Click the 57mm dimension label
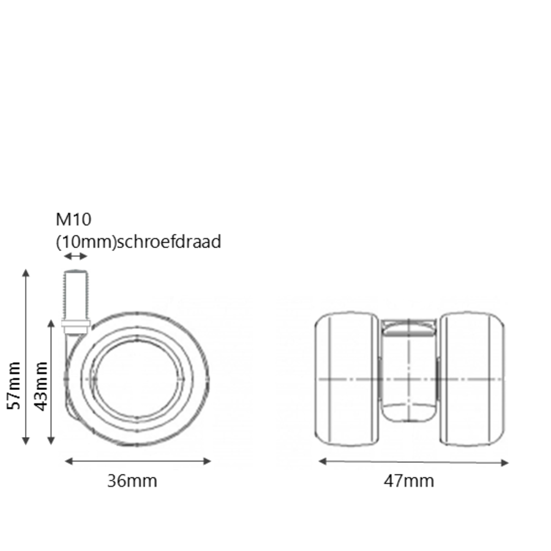pyautogui.click(x=14, y=386)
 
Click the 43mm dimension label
pyautogui.click(x=40, y=386)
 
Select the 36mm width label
pyautogui.click(x=132, y=481)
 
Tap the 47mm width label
pyautogui.click(x=409, y=481)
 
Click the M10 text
pyautogui.click(x=73, y=219)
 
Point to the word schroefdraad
pyautogui.click(x=168, y=242)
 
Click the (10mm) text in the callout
pyautogui.click(x=86, y=242)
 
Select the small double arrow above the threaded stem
pyautogui.click(x=76, y=256)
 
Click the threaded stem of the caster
pyautogui.click(x=76, y=294)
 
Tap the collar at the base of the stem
pyautogui.click(x=76, y=324)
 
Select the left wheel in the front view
pyautogui.click(x=347, y=379)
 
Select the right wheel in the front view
pyautogui.click(x=472, y=379)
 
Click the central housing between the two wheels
pyautogui.click(x=409, y=373)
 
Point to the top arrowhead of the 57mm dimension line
pyautogui.click(x=26, y=272)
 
